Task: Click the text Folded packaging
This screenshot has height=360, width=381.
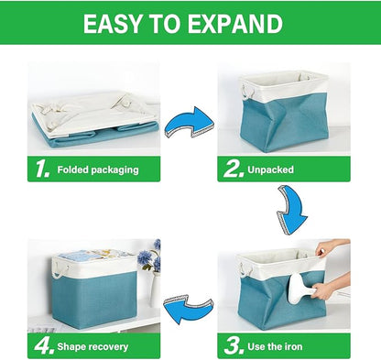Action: [x=97, y=170]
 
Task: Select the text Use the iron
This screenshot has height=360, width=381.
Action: [x=282, y=347]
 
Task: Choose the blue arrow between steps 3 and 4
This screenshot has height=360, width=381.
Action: [x=191, y=301]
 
